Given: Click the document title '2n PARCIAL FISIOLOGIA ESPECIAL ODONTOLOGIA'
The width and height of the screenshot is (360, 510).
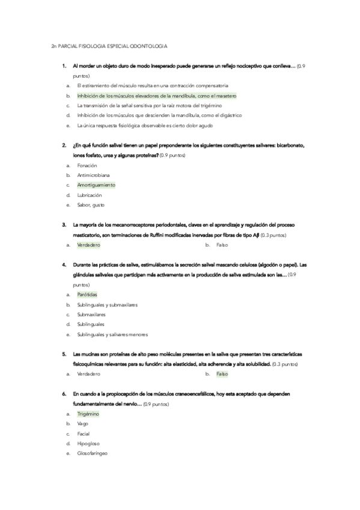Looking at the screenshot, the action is click(109, 46).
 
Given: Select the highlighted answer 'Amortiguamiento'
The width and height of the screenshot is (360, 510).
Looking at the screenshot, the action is click(96, 185).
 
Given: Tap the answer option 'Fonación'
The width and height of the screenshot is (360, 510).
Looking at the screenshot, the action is click(88, 165).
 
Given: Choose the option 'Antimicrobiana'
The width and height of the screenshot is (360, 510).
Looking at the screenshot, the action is click(93, 174).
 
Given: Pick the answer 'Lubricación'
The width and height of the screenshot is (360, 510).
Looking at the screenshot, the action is click(90, 195).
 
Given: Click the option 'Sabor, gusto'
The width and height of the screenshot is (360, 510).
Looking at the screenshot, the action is click(91, 205).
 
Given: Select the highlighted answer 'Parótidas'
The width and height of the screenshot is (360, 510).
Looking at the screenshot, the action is click(87, 294).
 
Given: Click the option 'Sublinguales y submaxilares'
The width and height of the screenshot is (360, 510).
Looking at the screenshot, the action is click(107, 304).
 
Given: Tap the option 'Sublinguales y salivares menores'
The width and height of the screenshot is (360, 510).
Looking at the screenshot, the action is click(112, 334).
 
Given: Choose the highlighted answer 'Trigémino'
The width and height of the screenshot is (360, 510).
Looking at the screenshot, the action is click(88, 414).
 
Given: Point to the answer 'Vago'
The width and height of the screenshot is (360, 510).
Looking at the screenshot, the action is click(82, 423).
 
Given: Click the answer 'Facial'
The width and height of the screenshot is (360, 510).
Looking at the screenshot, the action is click(83, 434).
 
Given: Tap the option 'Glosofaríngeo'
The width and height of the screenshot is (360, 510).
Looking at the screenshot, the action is click(92, 453).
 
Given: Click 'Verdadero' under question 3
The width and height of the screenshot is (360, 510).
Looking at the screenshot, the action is click(89, 245).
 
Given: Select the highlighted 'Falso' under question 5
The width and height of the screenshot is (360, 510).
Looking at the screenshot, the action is click(222, 373).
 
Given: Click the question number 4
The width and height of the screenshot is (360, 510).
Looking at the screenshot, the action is click(64, 265).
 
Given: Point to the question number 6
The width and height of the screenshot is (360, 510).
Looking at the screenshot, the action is click(64, 393).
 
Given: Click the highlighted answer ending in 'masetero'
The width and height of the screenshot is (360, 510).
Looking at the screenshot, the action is click(157, 96).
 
